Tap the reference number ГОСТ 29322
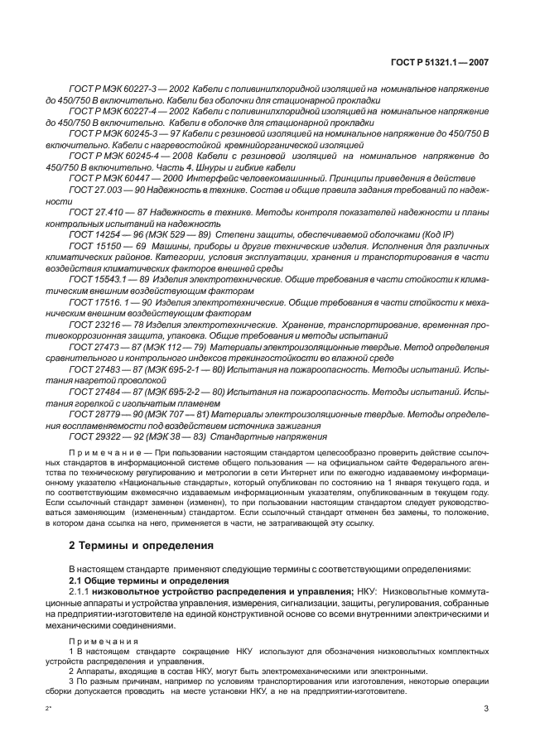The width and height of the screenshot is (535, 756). pyautogui.click(x=92, y=436)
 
